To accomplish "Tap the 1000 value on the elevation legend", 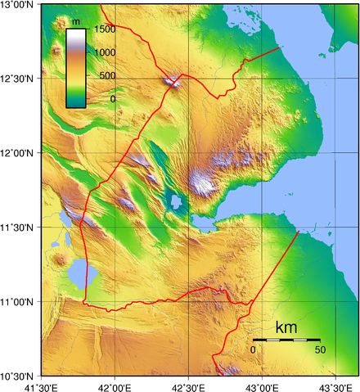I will pos(104,52).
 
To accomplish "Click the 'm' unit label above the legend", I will pos(76,20).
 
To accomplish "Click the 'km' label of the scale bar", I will pos(286,328).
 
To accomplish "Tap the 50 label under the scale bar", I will pos(319,350).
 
